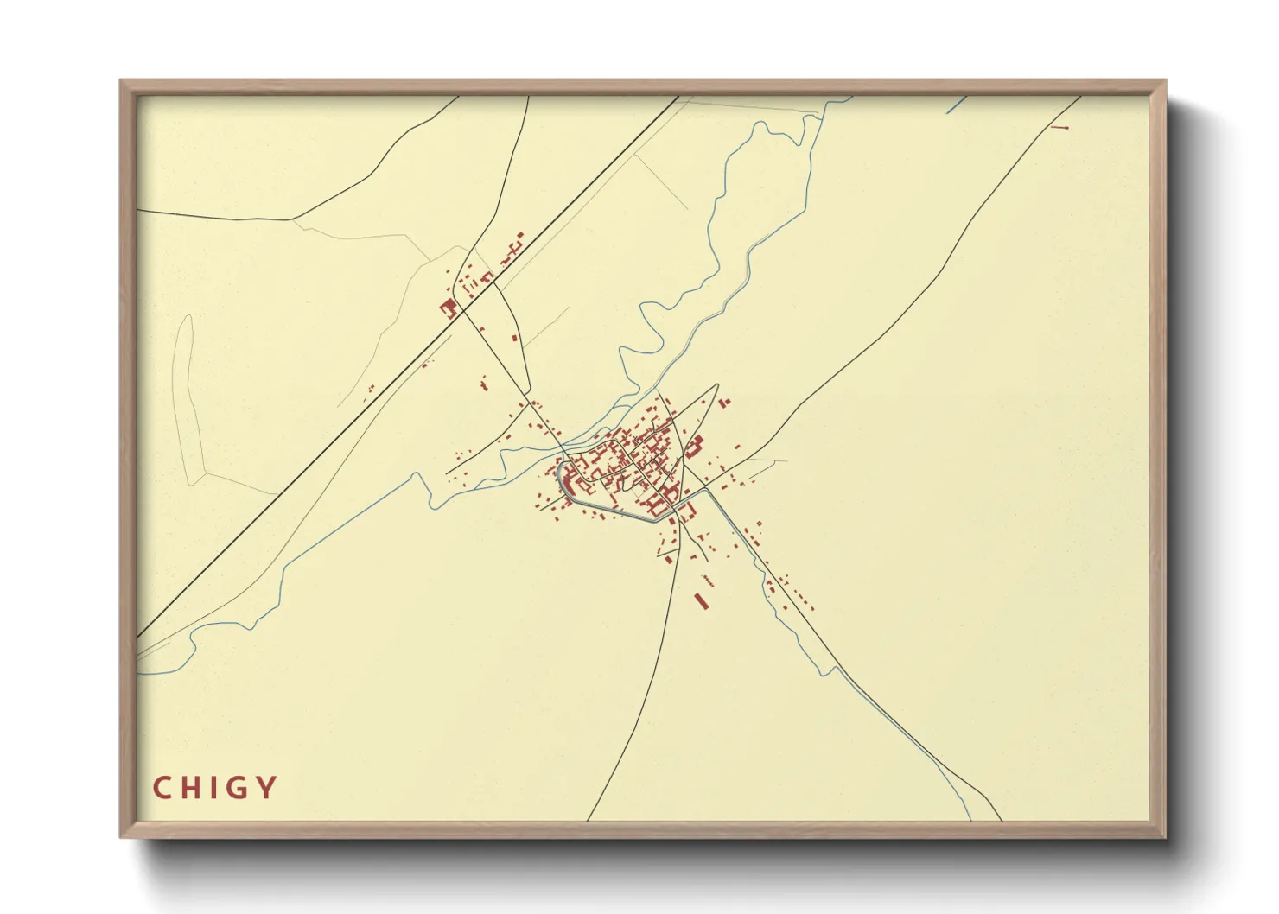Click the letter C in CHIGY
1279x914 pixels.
pos(162,788)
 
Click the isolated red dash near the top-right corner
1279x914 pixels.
pos(1060,128)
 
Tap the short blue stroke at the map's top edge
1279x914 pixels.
pos(956,105)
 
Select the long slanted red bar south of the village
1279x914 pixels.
pos(702,600)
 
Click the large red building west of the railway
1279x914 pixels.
pos(449,308)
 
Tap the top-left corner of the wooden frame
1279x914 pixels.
pos(122,82)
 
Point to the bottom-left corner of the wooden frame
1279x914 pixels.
pos(122,835)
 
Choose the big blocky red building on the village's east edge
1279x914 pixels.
pos(693,447)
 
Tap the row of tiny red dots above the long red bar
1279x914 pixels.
pos(708,579)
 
